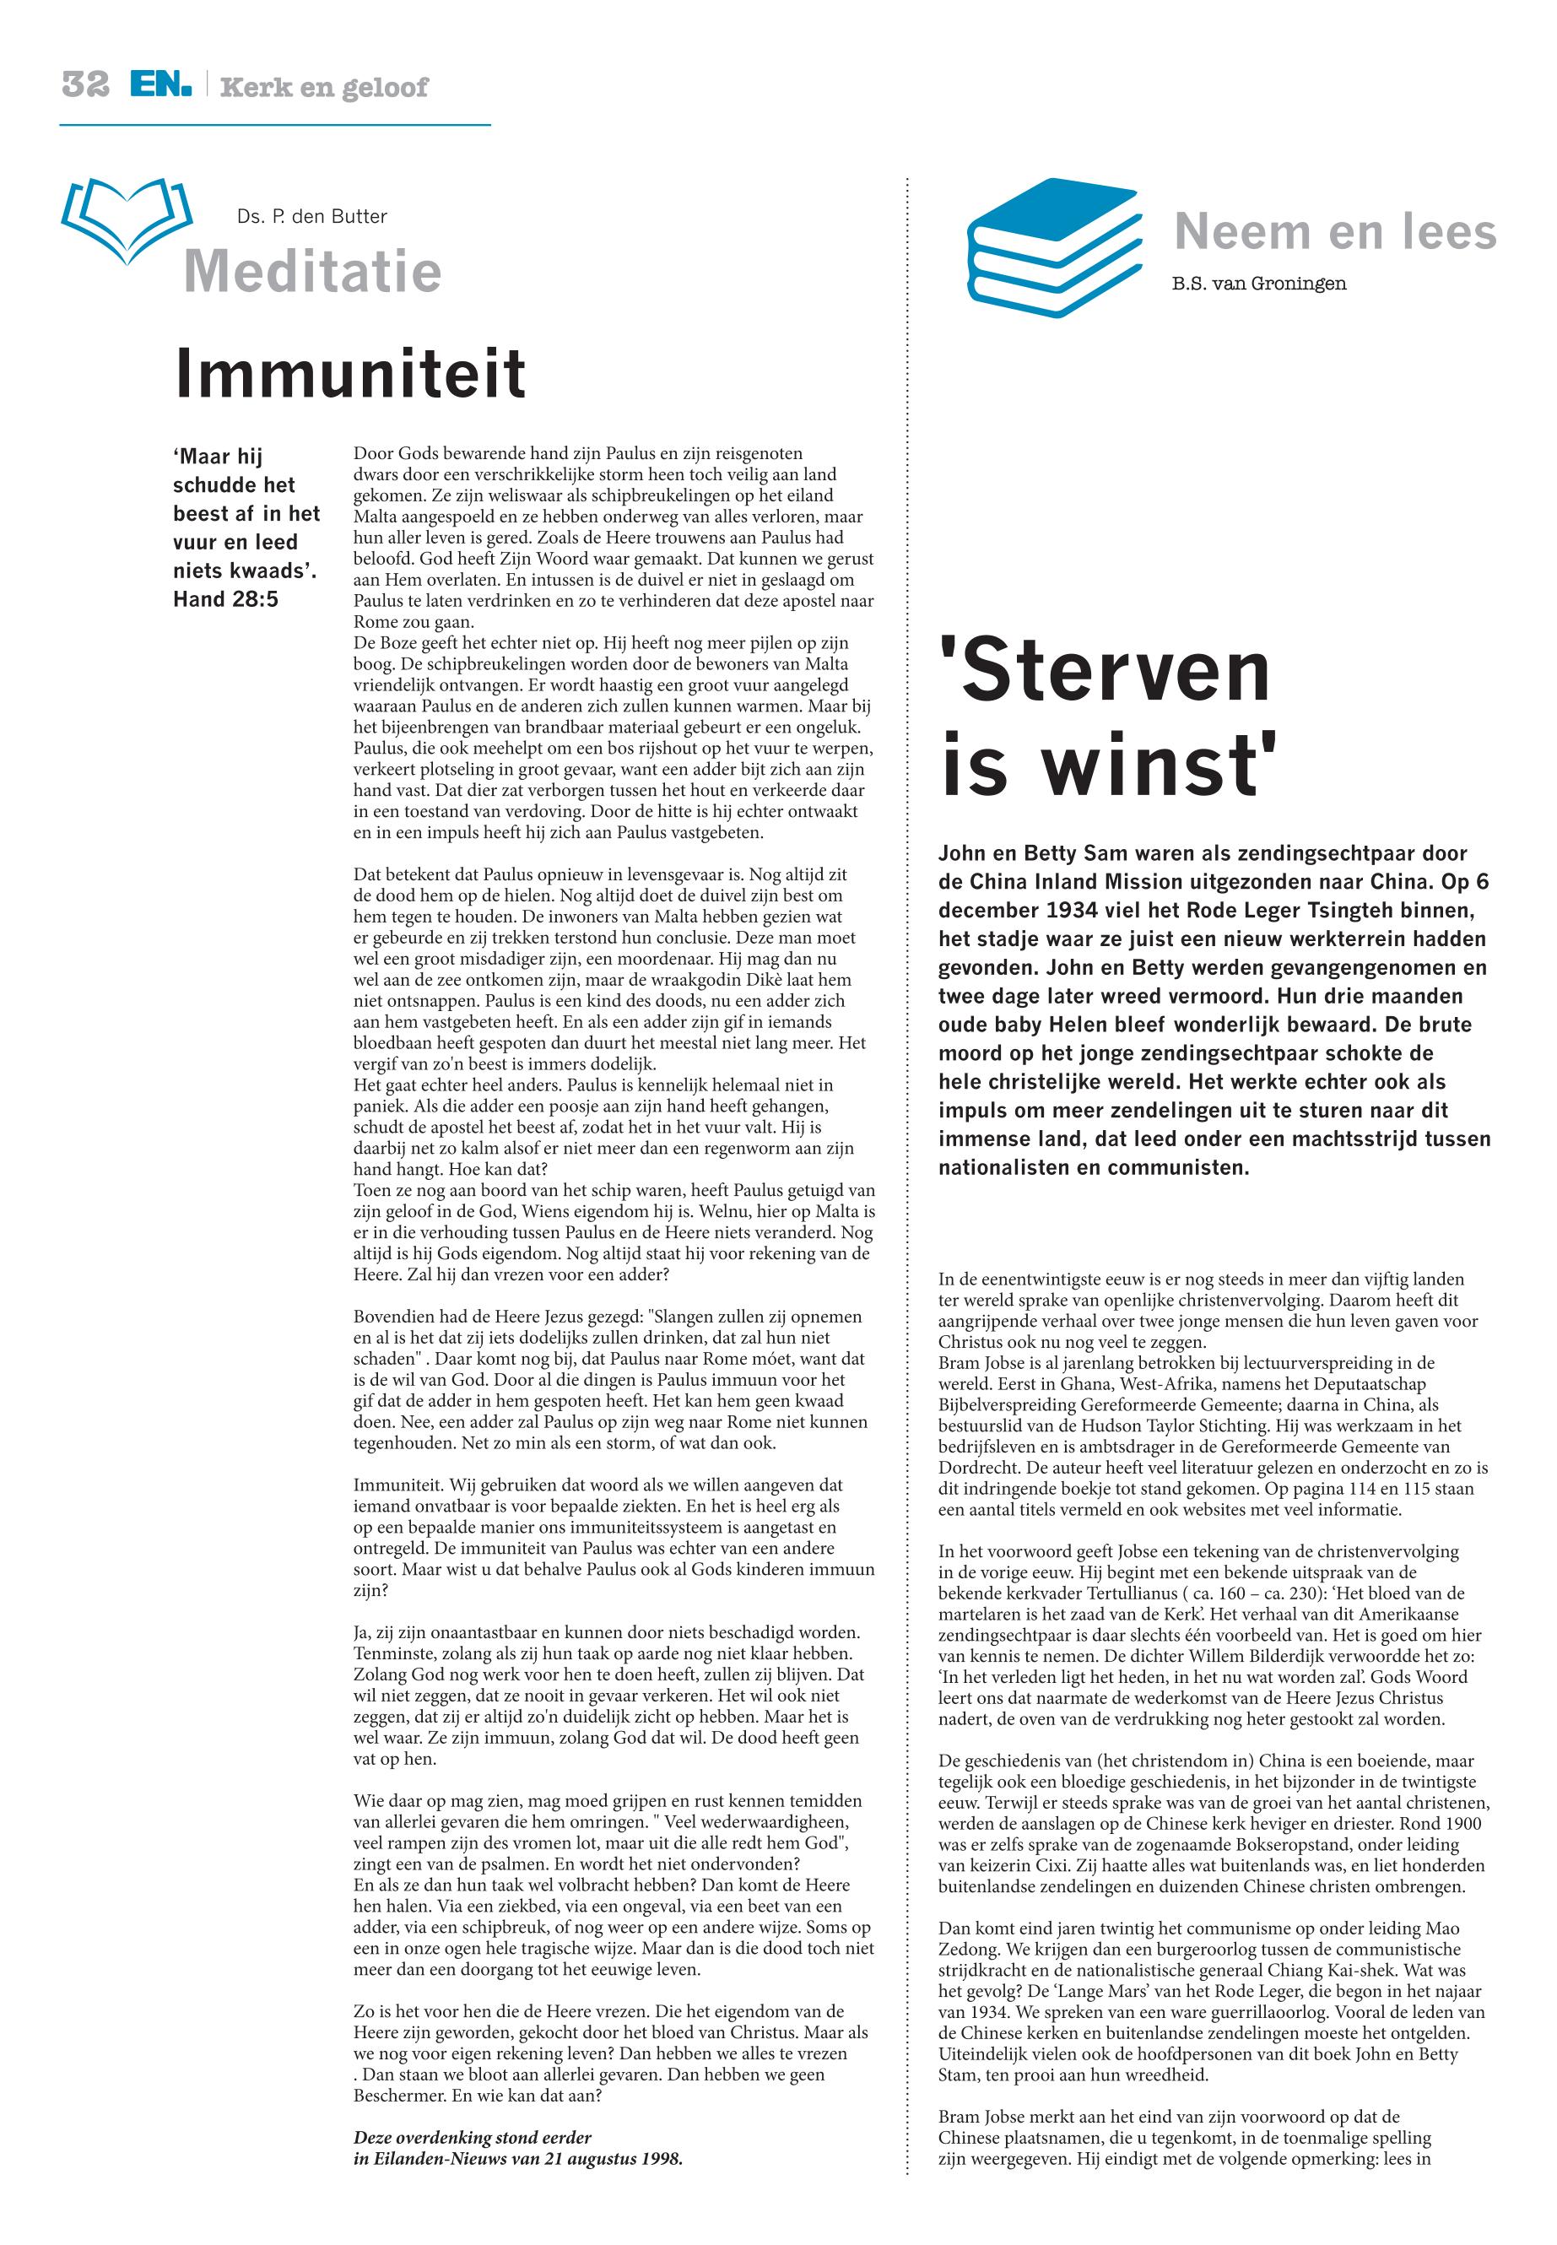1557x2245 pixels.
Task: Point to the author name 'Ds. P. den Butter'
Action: tap(311, 217)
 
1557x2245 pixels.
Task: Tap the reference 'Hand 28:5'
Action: tap(225, 599)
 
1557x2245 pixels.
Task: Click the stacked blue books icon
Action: tap(1053, 249)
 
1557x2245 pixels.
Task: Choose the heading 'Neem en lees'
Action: tap(1334, 232)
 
